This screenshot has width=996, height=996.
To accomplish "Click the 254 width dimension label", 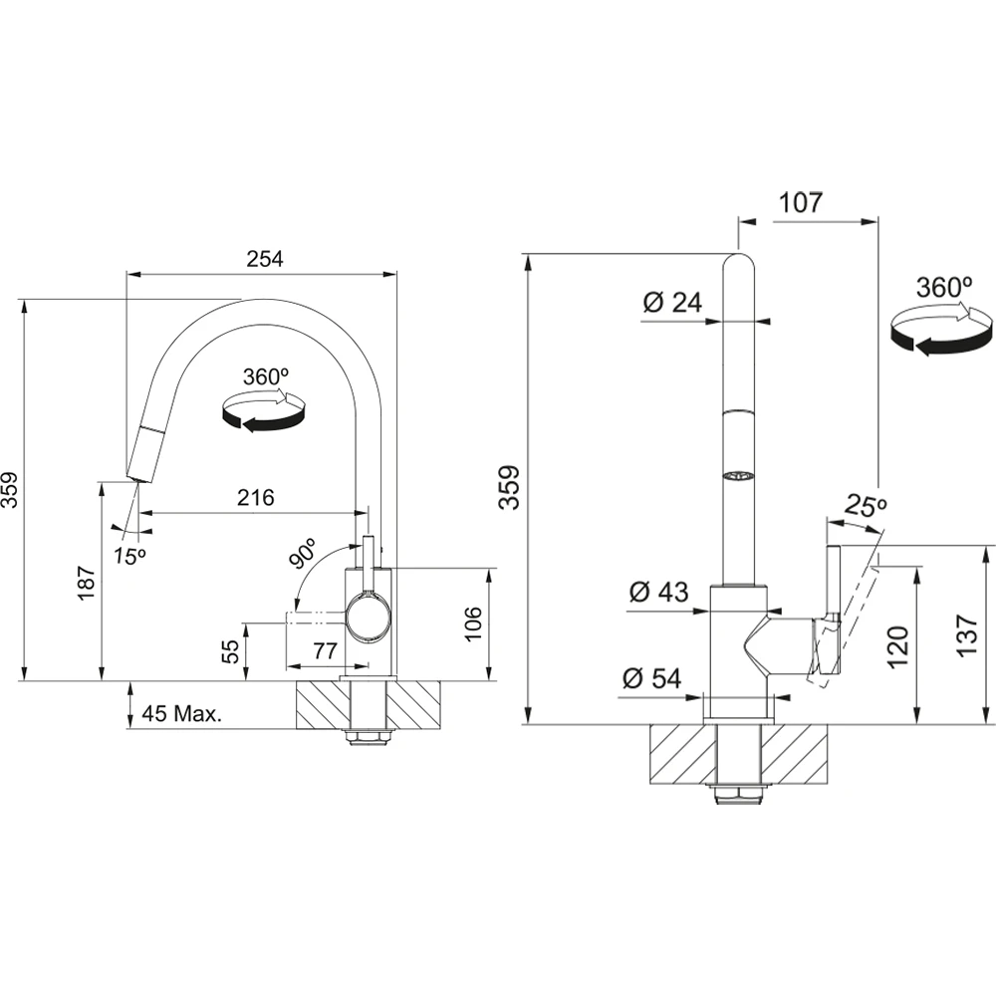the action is coord(264,259).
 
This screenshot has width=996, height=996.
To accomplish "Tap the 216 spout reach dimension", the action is coord(256,497).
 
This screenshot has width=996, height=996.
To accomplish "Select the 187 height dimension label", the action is coord(87,583).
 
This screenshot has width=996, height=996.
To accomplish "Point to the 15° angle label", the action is coord(130,556).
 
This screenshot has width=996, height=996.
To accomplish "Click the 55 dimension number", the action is coord(232,651).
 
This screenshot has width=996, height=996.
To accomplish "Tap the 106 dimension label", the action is coord(473,623).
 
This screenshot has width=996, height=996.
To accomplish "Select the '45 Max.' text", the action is coord(181,713).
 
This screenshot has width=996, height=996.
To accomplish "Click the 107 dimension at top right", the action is coord(801,202).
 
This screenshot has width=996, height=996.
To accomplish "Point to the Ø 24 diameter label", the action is coord(672,303).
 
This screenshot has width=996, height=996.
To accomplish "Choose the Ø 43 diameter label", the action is coord(658,592).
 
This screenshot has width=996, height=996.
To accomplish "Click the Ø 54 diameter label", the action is coord(651,678).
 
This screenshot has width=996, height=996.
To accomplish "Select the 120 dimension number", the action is coord(898,647).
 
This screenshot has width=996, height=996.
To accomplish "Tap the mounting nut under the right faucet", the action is coord(737,794).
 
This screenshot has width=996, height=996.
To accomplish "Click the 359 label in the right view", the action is coord(509,487).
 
